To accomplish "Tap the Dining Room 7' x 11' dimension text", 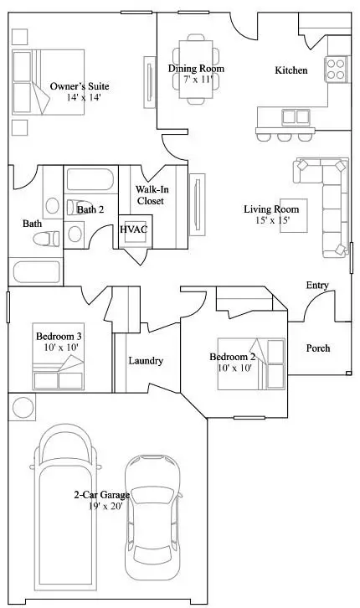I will pos(196,80).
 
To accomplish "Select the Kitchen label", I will pos(291,70).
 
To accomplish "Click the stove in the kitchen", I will pos(337,64).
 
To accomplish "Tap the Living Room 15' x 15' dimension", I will pos(265,221).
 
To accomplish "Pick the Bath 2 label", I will pos(90,209).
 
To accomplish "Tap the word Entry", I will pos(317,286).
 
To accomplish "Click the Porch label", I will pos(317,348).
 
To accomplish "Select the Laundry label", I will pos(145,361).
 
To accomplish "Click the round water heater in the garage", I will pos(23,408).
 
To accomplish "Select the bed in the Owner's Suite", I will pos(48,82).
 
